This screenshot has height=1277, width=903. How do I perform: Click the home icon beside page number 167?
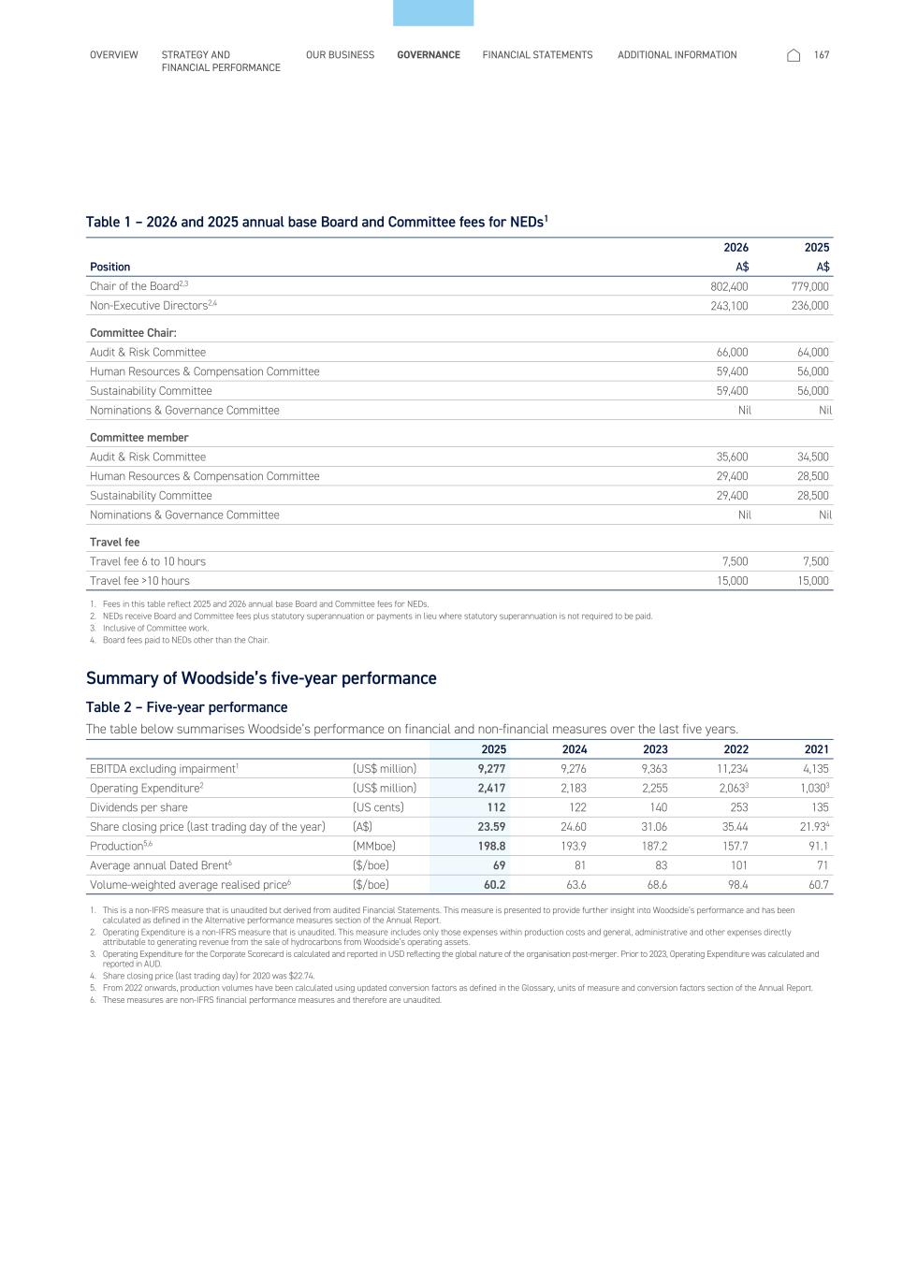point(794,55)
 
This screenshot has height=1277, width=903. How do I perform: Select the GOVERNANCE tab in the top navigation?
point(429,55)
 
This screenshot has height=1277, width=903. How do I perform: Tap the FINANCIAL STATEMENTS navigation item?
point(537,55)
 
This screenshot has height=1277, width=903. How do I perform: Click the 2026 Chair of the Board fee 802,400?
point(729,286)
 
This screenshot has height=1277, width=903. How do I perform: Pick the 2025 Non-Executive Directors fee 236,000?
point(810,306)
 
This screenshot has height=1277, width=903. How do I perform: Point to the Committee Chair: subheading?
point(133,333)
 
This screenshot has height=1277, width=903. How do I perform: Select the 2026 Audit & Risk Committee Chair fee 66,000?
point(732,353)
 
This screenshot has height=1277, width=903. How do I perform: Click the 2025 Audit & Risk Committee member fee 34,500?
point(812,457)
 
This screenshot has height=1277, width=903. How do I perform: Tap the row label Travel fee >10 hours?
point(139,581)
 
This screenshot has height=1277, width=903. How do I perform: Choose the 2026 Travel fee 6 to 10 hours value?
point(735,561)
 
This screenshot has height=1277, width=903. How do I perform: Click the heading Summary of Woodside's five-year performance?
point(261,678)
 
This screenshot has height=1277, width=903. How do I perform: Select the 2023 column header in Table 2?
point(655,749)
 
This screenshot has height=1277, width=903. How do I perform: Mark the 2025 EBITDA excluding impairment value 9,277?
point(491,769)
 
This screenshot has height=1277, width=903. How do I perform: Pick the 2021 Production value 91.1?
point(817,847)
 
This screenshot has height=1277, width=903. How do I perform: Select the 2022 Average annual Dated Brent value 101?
point(739,865)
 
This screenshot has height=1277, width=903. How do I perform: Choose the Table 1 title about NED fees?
point(316,222)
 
